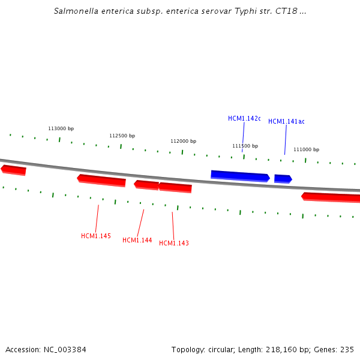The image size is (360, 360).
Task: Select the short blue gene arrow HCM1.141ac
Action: coord(283,179)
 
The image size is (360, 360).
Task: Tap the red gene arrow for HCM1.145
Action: coord(101,180)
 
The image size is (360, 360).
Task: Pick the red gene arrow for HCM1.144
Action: coord(146,185)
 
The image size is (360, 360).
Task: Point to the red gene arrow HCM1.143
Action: coord(175,188)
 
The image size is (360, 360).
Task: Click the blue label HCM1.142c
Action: coord(244,119)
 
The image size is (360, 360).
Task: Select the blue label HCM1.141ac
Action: coord(286,122)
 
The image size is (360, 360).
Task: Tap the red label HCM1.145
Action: coord(96,236)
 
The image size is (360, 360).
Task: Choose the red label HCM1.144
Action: coord(137,241)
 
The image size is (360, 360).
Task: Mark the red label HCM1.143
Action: coord(174,244)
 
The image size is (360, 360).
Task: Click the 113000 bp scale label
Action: coord(61,129)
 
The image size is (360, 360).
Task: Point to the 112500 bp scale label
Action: coord(122,136)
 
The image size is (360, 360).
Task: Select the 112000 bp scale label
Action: coord(183,142)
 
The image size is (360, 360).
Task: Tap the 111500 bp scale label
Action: coord(245,146)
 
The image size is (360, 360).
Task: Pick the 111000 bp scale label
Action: coord(306,150)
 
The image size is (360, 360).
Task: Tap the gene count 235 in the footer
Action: coord(347,350)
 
